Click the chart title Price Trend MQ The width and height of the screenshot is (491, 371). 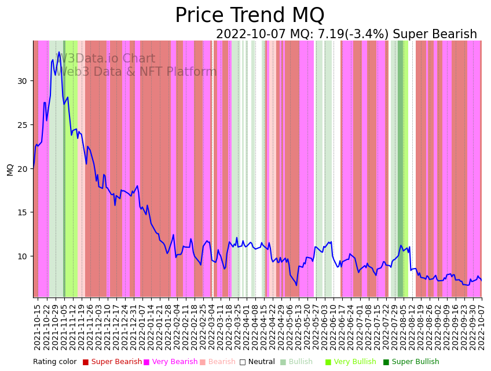(x=250, y=16)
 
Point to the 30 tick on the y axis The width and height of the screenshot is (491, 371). (x=22, y=80)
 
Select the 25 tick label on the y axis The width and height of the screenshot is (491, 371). (x=22, y=124)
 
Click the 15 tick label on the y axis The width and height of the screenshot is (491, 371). (x=22, y=212)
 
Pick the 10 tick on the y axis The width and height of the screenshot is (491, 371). (x=22, y=256)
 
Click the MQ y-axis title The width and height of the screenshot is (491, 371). (x=10, y=169)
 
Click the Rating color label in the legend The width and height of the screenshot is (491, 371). (x=54, y=362)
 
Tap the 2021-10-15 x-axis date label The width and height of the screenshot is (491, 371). (x=37, y=326)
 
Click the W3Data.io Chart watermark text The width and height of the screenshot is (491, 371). (x=107, y=59)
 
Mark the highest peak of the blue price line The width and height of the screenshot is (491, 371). (x=58, y=52)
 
